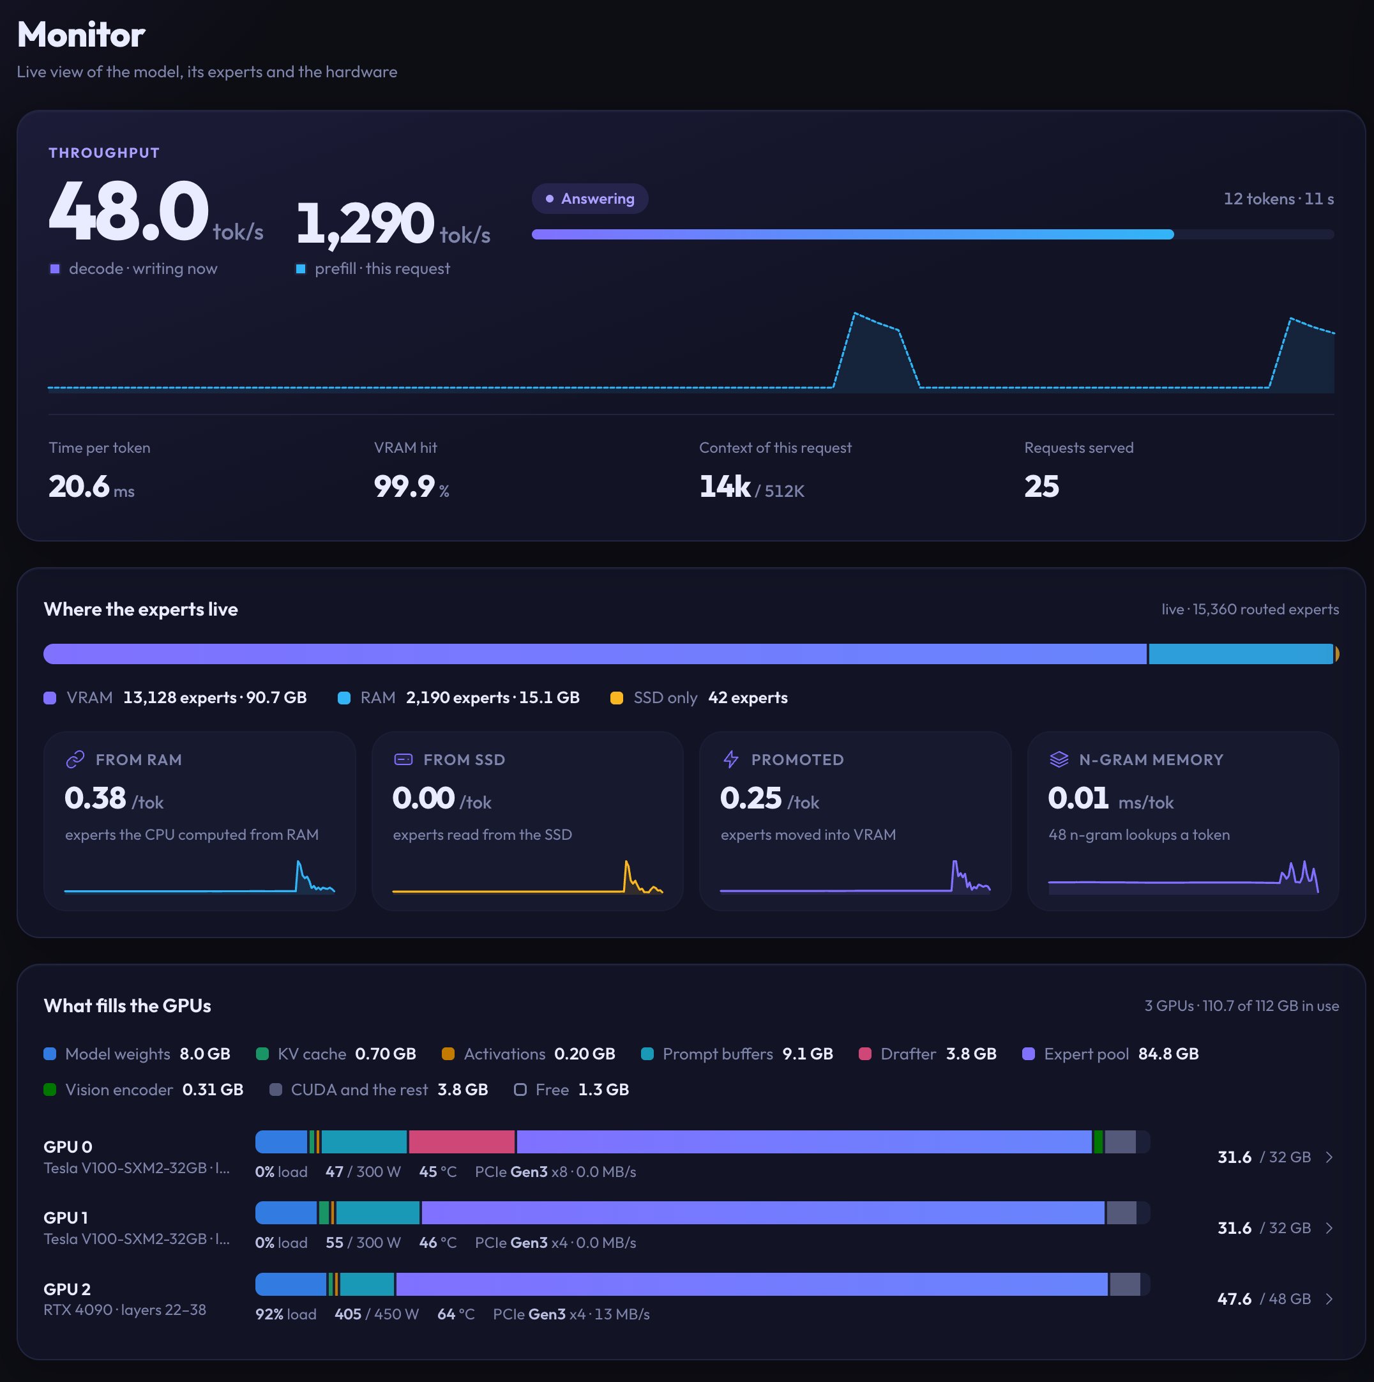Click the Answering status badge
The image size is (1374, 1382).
(x=590, y=199)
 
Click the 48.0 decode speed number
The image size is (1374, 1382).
(x=129, y=212)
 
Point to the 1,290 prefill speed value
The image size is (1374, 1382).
(x=365, y=224)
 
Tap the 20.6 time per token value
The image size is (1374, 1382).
(x=79, y=487)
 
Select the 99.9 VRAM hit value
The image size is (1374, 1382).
(x=404, y=487)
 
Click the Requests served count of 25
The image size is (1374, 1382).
(x=1041, y=487)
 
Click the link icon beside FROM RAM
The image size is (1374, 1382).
(x=75, y=760)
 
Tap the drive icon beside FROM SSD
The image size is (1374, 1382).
(x=404, y=760)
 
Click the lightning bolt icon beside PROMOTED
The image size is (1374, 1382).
(x=731, y=760)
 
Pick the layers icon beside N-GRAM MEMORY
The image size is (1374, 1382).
(x=1059, y=760)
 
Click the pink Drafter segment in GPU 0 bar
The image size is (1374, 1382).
(x=462, y=1143)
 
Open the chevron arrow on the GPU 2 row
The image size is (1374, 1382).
(x=1329, y=1299)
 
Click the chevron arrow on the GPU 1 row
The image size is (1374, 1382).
(x=1329, y=1228)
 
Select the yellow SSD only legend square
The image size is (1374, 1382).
(x=617, y=698)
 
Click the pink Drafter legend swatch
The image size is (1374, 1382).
(x=864, y=1054)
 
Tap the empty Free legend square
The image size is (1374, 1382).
(x=520, y=1090)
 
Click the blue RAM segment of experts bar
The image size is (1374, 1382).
(x=1241, y=655)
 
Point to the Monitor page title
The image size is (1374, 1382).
(x=81, y=34)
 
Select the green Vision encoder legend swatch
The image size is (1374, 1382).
(x=50, y=1090)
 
